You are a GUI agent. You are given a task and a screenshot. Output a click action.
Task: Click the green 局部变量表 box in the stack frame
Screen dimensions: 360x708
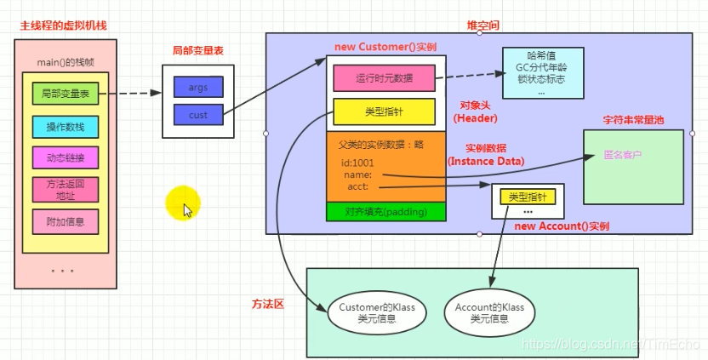click(x=65, y=94)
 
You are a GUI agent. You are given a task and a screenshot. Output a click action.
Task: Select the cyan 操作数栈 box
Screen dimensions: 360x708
click(x=65, y=127)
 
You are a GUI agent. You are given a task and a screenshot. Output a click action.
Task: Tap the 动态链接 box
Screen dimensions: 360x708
click(x=65, y=158)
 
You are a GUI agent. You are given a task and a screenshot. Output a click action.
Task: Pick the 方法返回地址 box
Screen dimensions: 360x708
click(x=65, y=189)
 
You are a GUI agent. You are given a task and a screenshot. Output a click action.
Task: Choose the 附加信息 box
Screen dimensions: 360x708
click(x=65, y=221)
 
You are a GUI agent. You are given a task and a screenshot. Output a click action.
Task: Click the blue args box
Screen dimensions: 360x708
click(x=197, y=88)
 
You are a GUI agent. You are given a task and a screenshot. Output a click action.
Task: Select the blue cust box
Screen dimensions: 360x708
click(x=197, y=114)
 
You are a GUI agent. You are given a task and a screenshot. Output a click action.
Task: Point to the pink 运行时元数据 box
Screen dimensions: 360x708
click(x=383, y=78)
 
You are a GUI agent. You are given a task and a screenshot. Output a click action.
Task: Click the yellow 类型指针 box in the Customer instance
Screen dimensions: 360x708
click(x=383, y=111)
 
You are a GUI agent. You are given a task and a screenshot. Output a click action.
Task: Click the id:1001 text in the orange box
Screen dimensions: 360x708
click(x=357, y=163)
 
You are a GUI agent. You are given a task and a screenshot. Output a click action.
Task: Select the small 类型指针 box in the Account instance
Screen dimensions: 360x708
click(x=528, y=197)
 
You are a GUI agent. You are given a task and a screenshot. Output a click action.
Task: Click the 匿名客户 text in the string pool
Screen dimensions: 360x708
click(x=621, y=156)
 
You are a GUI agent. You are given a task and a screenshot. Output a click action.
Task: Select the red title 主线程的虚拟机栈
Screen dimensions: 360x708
click(x=64, y=26)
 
